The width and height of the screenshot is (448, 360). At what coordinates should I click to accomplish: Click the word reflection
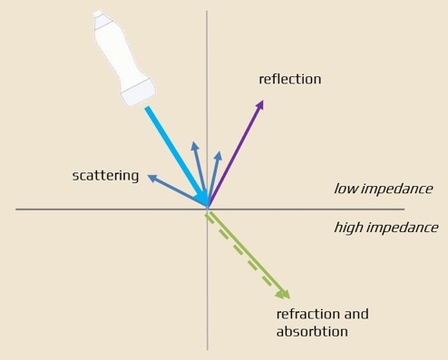tap(290, 79)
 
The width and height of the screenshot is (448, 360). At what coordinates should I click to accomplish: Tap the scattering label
tap(105, 176)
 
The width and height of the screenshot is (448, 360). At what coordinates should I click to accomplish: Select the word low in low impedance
tap(346, 189)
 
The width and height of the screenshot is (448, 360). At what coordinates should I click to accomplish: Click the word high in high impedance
tap(349, 228)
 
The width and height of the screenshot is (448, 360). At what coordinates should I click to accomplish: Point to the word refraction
tap(308, 314)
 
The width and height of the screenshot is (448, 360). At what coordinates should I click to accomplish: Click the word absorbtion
tap(312, 332)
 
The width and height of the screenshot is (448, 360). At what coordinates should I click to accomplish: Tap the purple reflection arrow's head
tap(259, 104)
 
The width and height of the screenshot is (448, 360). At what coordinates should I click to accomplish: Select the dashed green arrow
tap(244, 256)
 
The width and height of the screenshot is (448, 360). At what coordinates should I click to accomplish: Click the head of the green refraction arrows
tap(284, 294)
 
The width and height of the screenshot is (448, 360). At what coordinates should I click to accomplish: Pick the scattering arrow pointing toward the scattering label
tap(177, 190)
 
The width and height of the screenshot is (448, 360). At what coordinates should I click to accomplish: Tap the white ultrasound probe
tap(124, 59)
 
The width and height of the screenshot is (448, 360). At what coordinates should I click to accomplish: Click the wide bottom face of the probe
tap(139, 93)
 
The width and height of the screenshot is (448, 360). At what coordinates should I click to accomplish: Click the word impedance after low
tap(397, 189)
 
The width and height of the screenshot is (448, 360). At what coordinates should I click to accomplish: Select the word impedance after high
tap(403, 228)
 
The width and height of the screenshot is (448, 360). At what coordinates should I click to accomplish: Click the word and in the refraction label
tap(356, 314)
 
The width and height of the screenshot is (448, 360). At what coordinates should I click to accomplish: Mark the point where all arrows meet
tap(208, 209)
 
